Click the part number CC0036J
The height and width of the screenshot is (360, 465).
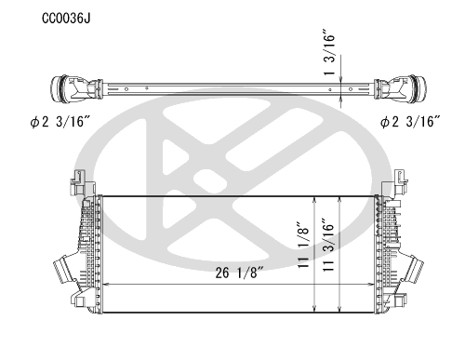coord(66,19)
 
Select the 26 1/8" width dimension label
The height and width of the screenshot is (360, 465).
coord(239,273)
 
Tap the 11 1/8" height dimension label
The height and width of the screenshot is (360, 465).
coord(303,245)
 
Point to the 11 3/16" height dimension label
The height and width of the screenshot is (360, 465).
coord(328,246)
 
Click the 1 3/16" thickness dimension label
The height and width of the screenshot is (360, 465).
coord(329,52)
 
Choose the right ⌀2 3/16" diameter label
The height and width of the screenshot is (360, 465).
coord(410,122)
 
